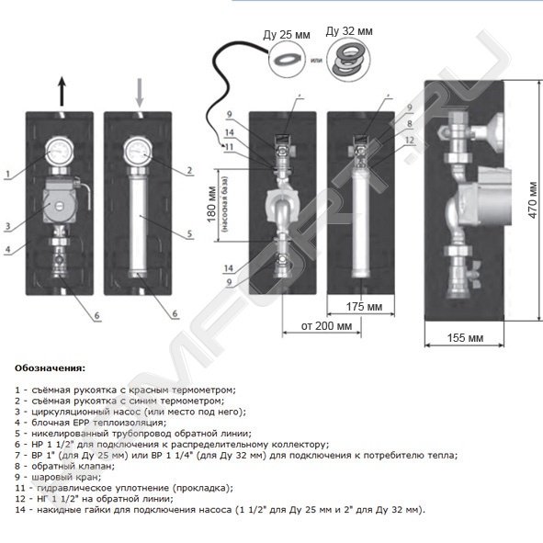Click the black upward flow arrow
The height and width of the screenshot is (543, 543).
62,92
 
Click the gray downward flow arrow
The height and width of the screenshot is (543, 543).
140,93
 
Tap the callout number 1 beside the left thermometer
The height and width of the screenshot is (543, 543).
7,174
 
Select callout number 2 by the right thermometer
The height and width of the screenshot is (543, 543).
189,170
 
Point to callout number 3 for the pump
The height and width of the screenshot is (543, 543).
7,227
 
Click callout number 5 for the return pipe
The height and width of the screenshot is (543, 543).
189,233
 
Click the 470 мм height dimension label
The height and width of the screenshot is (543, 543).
533,200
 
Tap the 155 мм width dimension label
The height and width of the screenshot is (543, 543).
465,337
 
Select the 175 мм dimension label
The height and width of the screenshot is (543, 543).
365,307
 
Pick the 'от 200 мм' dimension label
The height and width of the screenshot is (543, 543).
326,326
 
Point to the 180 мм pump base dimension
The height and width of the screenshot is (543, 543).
211,204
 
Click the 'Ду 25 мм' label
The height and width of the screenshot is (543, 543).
287,35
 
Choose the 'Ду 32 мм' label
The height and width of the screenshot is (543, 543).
349,31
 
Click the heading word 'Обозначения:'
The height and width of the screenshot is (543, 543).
50,368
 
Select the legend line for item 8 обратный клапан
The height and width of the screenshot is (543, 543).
64,466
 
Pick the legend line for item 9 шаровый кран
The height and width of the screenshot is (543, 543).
58,477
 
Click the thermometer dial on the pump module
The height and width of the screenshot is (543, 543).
60,152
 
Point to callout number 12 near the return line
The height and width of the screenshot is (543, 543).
410,140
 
